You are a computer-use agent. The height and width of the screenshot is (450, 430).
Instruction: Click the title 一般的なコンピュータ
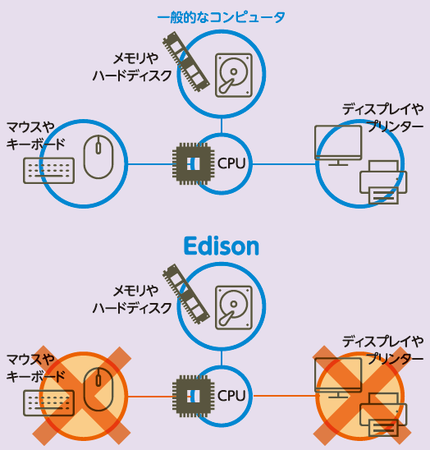coord(221,17)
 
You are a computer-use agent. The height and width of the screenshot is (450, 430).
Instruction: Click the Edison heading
coord(222,246)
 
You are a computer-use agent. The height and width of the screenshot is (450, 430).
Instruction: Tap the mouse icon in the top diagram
coord(98,157)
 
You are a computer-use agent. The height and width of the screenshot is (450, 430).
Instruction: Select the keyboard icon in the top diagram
coord(48,171)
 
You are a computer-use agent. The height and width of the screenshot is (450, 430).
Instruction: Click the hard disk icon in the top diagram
coord(234,75)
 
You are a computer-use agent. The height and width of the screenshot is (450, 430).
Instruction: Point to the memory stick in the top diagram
coord(186,62)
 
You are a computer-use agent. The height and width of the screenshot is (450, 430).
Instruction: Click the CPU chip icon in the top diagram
coord(193,164)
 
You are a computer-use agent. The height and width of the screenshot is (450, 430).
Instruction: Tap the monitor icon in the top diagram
coord(338,145)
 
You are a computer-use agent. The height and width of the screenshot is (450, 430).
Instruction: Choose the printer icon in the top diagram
coord(383,182)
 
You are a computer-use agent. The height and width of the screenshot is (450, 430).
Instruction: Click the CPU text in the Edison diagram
coord(231,396)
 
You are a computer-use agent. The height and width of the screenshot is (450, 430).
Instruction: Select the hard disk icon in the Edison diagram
coord(234,307)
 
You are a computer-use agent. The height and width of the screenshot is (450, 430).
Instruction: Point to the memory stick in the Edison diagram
coord(186,294)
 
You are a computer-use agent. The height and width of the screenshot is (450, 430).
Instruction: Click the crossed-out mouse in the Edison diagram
coord(98,389)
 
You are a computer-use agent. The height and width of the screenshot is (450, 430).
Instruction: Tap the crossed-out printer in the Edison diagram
coord(383,415)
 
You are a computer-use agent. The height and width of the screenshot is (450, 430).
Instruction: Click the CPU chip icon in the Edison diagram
coord(193,397)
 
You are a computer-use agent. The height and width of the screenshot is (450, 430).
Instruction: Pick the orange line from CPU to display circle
coord(284,396)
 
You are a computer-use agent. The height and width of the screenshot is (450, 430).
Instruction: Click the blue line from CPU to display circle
coord(284,164)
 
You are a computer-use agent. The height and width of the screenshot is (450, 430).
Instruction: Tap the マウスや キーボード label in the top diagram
coord(36,135)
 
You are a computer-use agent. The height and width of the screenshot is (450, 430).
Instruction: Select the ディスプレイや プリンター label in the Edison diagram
coord(383,350)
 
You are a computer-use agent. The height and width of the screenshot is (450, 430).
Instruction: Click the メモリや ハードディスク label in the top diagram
coord(132,67)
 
